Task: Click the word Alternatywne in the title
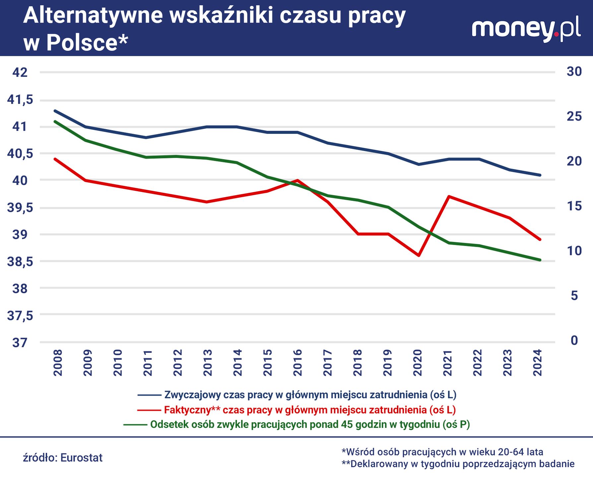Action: (x=93, y=16)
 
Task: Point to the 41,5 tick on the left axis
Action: (x=20, y=100)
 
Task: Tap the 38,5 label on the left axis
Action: (x=20, y=262)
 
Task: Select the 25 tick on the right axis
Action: (x=574, y=116)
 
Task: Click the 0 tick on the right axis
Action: (x=574, y=340)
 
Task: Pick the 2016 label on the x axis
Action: (x=297, y=362)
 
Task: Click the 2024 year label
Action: (x=537, y=362)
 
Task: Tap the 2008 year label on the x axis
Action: (x=58, y=362)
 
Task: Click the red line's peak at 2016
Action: (x=297, y=180)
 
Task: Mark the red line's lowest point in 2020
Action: (x=419, y=255)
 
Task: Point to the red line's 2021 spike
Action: (x=448, y=197)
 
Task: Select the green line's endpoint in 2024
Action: (x=540, y=260)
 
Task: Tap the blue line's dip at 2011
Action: (x=146, y=137)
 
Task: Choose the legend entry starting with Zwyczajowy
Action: (x=310, y=395)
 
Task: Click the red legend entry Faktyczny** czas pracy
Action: (x=309, y=410)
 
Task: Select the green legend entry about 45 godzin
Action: (x=310, y=425)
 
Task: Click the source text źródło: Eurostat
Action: (x=63, y=458)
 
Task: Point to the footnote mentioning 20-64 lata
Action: (x=442, y=452)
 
